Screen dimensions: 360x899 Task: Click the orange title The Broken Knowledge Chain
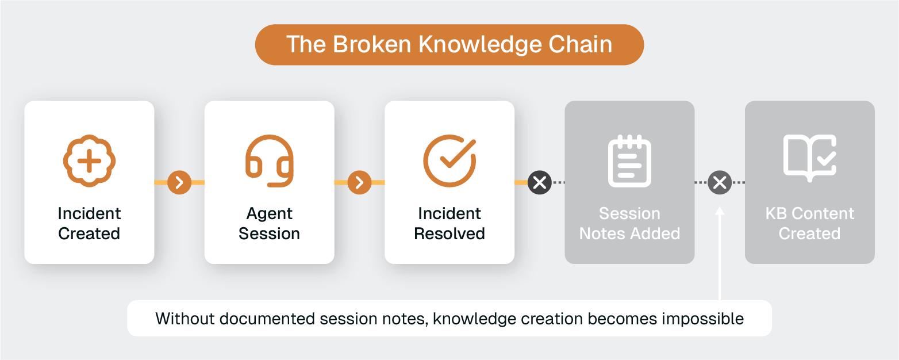[x=449, y=45]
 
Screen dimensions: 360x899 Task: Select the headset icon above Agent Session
[x=269, y=161]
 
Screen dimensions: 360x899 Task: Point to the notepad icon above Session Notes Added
[x=629, y=161]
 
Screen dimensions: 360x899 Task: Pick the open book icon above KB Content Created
[x=809, y=159]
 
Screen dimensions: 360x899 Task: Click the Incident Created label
[x=89, y=223]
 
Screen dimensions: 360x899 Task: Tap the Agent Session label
[x=269, y=223]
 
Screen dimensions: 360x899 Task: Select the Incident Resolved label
[x=450, y=223]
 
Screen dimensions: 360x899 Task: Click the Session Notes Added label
[x=629, y=223]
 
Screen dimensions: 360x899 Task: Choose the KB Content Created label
[x=809, y=223]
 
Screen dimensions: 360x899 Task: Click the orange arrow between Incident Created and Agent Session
[x=179, y=183]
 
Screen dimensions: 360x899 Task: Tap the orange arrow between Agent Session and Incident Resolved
[x=359, y=183]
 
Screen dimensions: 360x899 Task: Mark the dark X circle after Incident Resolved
[x=539, y=183]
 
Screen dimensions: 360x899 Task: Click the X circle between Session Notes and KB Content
[x=720, y=183]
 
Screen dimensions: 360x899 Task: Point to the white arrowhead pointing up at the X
[x=720, y=211]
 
